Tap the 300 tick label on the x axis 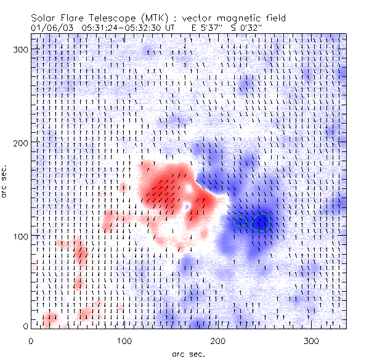pyautogui.click(x=312, y=340)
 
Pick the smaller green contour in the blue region pyautogui.click(x=240, y=220)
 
